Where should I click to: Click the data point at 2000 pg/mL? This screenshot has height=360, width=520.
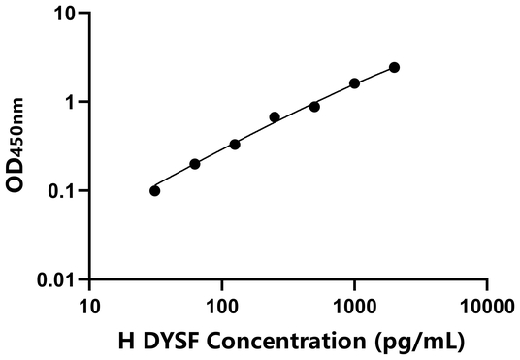[x=394, y=67]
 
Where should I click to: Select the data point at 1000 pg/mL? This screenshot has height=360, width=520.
[x=354, y=83]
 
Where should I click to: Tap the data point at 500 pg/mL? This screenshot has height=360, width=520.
[x=314, y=106]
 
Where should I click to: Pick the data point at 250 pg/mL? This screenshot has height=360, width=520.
[x=275, y=117]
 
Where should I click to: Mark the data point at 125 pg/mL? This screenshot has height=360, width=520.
[x=235, y=145]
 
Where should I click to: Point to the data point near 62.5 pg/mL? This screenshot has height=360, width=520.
[x=195, y=164]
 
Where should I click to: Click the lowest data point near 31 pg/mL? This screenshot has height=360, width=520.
[x=155, y=190]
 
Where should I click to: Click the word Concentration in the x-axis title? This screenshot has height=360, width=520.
[x=297, y=341]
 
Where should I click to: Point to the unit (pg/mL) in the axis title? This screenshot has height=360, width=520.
[x=420, y=342]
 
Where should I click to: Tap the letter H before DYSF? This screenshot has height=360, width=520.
[x=125, y=341]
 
